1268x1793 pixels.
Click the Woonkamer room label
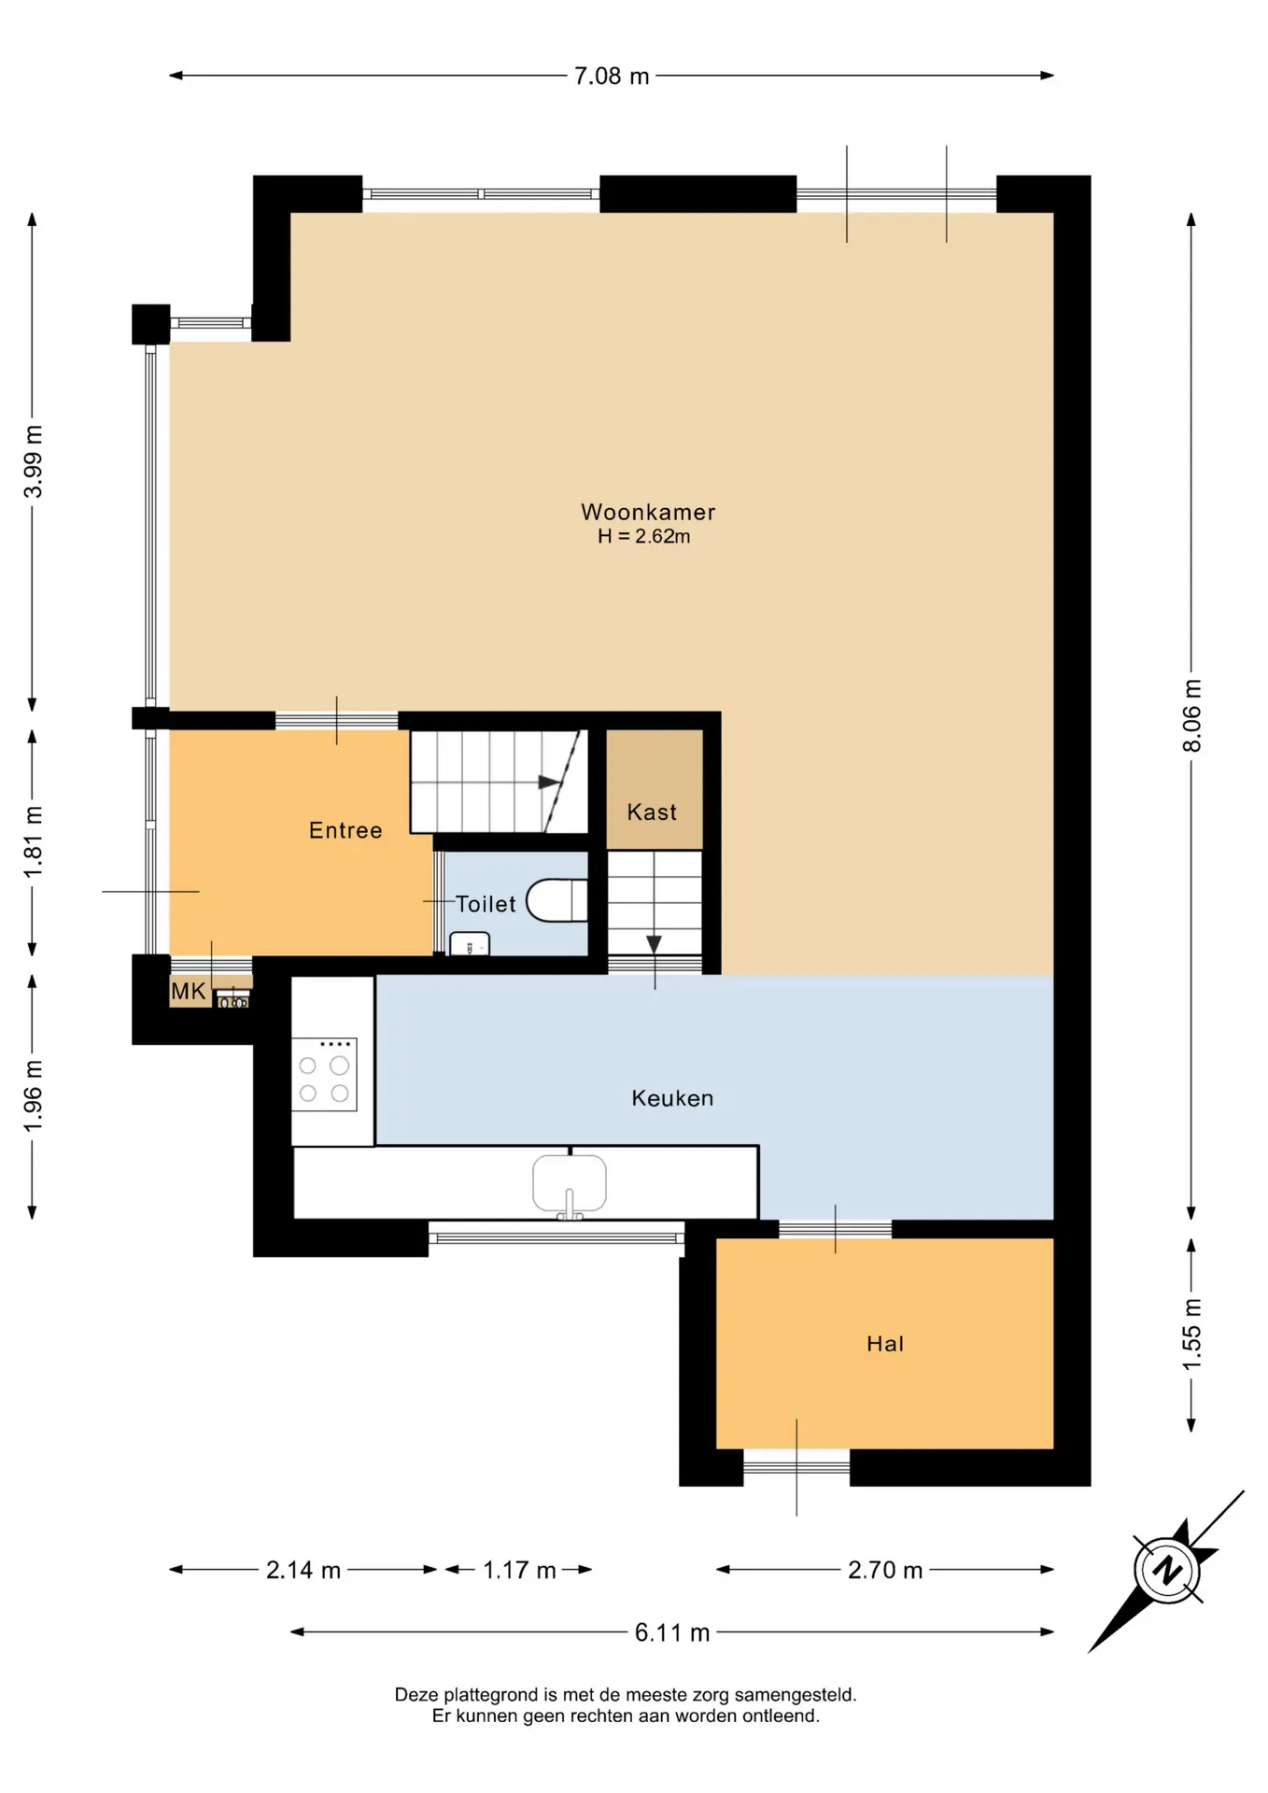pyautogui.click(x=648, y=512)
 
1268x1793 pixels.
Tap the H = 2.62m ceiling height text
pyautogui.click(x=644, y=536)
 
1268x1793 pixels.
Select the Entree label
pyautogui.click(x=345, y=830)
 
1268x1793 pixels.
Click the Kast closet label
pyautogui.click(x=652, y=812)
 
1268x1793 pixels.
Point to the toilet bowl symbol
pyautogui.click(x=557, y=901)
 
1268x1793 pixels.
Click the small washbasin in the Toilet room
pyautogui.click(x=470, y=944)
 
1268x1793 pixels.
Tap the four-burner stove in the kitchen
pyautogui.click(x=324, y=1074)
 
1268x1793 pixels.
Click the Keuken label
pyautogui.click(x=672, y=1098)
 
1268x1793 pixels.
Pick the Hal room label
pyautogui.click(x=885, y=1344)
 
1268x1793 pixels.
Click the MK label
pyautogui.click(x=188, y=991)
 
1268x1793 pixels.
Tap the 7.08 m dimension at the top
pyautogui.click(x=612, y=76)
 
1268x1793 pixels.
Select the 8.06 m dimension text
pyautogui.click(x=1192, y=715)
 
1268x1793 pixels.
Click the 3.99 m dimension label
pyautogui.click(x=33, y=461)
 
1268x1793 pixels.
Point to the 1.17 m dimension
pyautogui.click(x=519, y=1570)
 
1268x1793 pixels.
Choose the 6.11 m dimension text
pyautogui.click(x=672, y=1632)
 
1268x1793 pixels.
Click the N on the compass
pyautogui.click(x=1167, y=1570)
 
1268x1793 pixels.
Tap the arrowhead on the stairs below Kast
pyautogui.click(x=655, y=944)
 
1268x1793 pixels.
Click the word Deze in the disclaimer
pyautogui.click(x=416, y=1694)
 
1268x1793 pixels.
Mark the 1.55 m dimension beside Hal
pyautogui.click(x=1192, y=1334)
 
